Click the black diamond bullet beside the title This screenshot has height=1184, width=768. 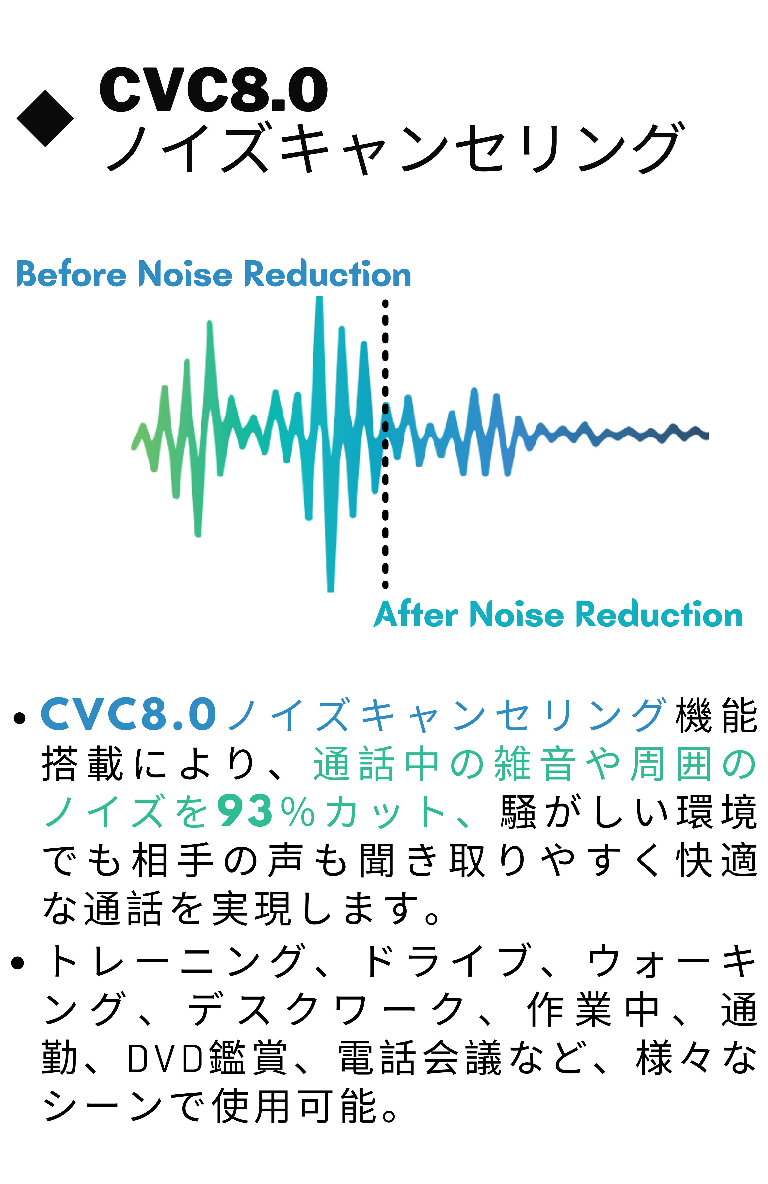[45, 118]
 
